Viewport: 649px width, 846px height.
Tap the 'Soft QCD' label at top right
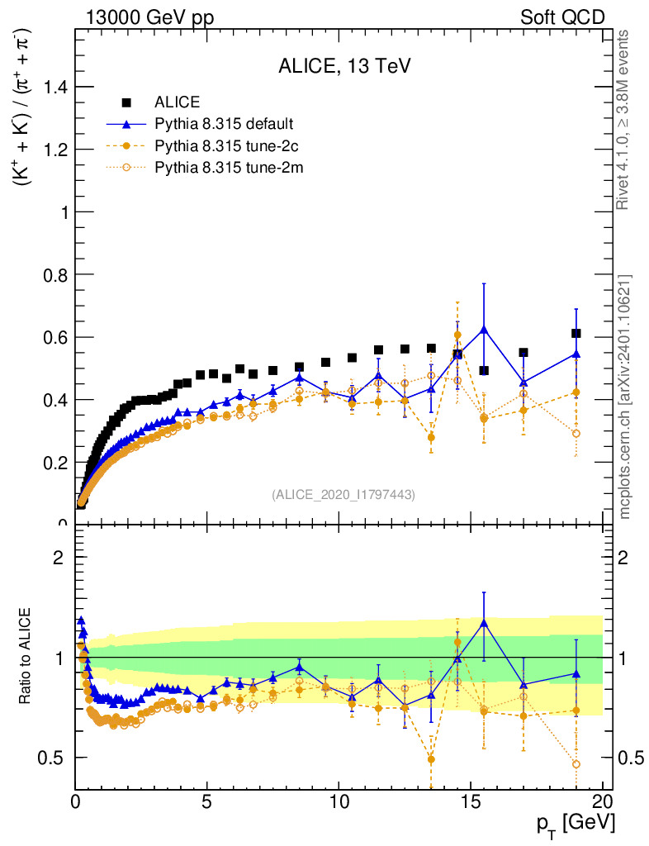pyautogui.click(x=562, y=17)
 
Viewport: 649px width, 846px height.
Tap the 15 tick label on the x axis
pyautogui.click(x=471, y=801)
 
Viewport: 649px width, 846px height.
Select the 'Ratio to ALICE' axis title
pyautogui.click(x=27, y=657)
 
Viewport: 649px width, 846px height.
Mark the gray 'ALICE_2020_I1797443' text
pyautogui.click(x=343, y=494)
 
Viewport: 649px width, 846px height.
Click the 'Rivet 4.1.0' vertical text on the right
pyautogui.click(x=624, y=120)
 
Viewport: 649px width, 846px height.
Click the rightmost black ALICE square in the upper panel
pyautogui.click(x=576, y=334)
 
